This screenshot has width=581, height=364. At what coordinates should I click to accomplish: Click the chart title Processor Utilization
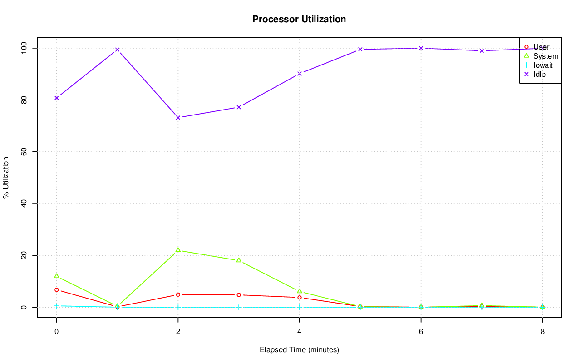(x=299, y=20)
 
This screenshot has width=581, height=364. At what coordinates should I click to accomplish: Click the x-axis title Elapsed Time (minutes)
(x=299, y=350)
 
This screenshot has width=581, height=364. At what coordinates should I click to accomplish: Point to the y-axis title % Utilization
(x=6, y=178)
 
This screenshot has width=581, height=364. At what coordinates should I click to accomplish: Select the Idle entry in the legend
(x=539, y=74)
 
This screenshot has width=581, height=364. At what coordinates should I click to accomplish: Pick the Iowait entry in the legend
(x=543, y=65)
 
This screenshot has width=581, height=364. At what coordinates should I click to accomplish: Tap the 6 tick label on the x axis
(x=421, y=332)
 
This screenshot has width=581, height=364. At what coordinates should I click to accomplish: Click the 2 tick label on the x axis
(x=178, y=332)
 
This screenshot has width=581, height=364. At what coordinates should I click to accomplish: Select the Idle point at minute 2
(x=178, y=118)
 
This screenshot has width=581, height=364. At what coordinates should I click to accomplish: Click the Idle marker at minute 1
(x=117, y=50)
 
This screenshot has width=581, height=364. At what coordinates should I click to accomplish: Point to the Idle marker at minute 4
(x=300, y=74)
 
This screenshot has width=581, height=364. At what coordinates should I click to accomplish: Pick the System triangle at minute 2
(x=178, y=250)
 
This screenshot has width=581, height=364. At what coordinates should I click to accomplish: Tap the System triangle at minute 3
(x=239, y=260)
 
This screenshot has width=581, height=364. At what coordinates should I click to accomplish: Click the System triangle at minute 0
(x=57, y=276)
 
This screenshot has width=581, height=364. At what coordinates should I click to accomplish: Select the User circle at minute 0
(x=57, y=290)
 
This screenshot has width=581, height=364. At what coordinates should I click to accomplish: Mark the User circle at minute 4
(x=300, y=298)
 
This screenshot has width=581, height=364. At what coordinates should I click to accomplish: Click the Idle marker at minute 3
(x=239, y=107)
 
